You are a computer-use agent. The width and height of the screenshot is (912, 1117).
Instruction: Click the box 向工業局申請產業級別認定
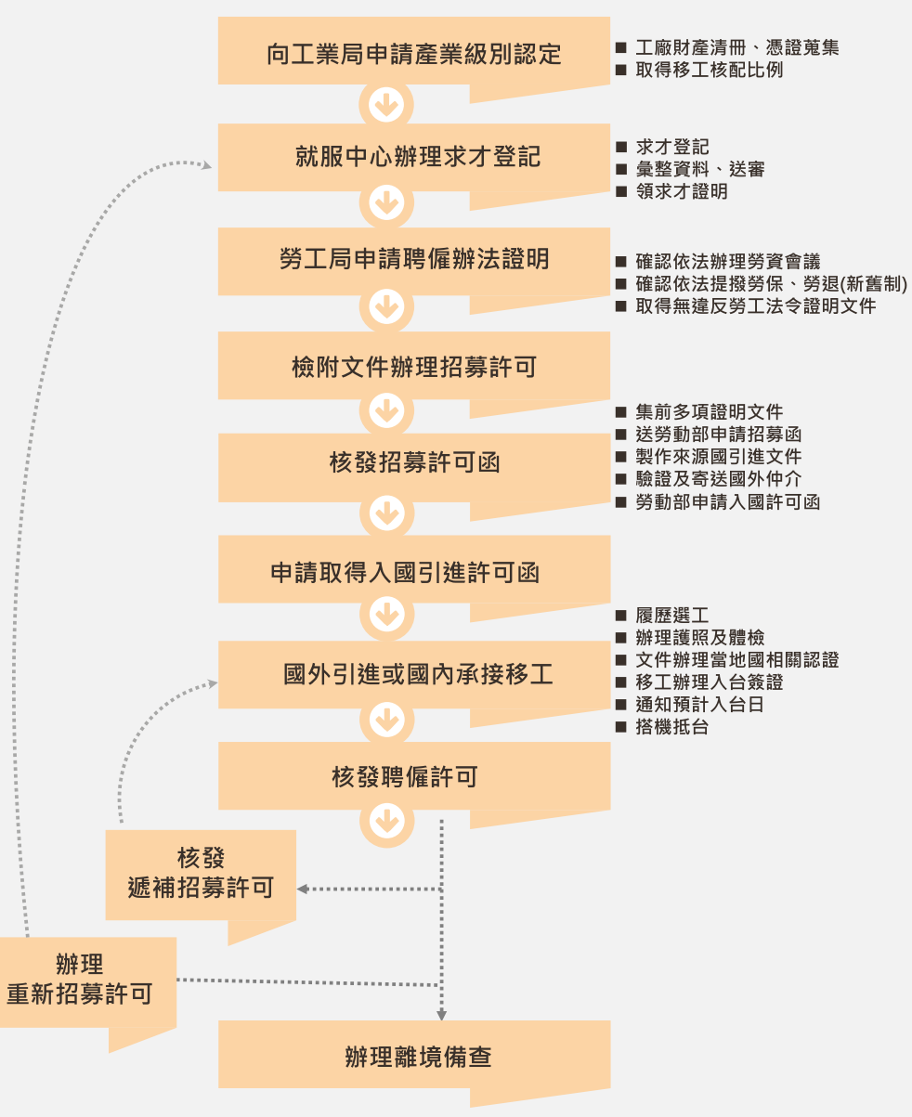coord(414,53)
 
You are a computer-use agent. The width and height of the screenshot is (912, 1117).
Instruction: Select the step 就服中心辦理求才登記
coord(414,156)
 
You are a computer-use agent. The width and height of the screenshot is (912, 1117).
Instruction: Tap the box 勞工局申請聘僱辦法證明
coord(414,259)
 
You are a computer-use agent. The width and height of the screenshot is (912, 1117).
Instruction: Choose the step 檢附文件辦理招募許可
coord(414,367)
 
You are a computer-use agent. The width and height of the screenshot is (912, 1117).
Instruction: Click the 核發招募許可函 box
coord(414,462)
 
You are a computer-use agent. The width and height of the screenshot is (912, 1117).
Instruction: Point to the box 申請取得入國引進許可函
coord(414,572)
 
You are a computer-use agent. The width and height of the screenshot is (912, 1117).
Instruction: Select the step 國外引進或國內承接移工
coord(414,673)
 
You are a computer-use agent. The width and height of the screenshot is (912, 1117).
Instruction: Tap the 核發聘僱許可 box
coord(414,776)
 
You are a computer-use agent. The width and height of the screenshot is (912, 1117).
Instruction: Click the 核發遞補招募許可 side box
coord(201,874)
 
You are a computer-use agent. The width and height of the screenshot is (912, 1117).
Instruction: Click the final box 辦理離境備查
coord(414,1056)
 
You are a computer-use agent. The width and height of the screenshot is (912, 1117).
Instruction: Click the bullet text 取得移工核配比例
coord(710,70)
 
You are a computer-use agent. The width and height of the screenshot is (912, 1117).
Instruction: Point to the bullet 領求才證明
coord(682,192)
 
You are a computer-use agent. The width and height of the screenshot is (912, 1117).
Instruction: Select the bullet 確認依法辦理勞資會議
coord(728,262)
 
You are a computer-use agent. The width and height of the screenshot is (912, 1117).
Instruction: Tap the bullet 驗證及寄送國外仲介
coord(719,479)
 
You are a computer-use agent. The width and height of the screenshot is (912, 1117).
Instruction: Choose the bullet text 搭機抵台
coord(672,727)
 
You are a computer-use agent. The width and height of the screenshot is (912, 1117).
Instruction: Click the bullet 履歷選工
coord(672,616)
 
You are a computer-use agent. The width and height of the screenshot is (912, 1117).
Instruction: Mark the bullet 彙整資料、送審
coord(700,170)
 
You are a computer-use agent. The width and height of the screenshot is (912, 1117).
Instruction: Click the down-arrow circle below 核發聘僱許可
coord(386,820)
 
